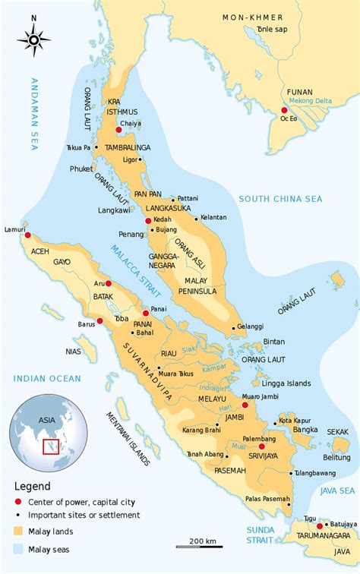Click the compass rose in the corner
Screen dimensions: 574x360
33,38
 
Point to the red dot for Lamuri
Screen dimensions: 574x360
28,235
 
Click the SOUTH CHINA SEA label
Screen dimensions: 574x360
280,199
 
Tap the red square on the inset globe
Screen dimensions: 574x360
51,446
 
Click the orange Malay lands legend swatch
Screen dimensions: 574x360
18,531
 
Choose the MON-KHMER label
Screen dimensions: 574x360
252,17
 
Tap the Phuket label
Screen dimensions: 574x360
81,169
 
